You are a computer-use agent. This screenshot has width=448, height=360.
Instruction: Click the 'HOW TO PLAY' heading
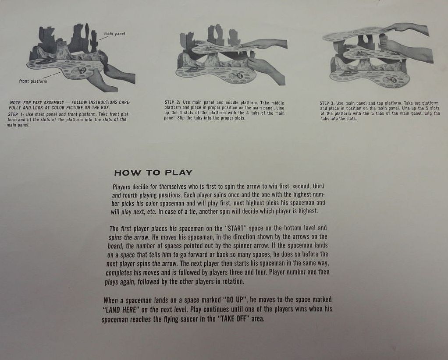[153, 173]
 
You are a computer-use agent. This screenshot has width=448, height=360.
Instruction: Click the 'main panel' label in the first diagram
[114, 34]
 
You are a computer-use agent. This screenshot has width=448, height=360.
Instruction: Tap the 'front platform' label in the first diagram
[33, 81]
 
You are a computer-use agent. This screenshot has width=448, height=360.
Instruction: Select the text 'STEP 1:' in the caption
[16, 114]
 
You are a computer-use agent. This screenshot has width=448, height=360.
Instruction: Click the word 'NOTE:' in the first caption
[16, 102]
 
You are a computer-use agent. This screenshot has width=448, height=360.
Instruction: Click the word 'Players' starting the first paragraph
[121, 187]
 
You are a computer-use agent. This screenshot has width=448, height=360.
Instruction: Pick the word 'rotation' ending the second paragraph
[234, 282]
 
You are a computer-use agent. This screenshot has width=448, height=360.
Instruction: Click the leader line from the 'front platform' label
[51, 75]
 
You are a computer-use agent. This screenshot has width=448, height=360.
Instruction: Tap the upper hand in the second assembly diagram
[264, 44]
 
